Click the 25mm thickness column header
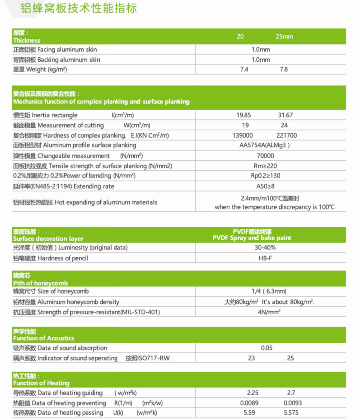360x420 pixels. click(285, 37)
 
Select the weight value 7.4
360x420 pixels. click(244, 70)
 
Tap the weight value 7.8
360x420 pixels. click(284, 70)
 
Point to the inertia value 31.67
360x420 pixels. click(285, 115)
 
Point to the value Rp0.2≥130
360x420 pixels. click(265, 176)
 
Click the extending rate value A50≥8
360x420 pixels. click(265, 186)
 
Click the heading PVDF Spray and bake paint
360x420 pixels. click(252, 238)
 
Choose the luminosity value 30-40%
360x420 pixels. click(265, 247)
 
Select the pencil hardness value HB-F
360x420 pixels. click(265, 258)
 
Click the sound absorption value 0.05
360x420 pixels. click(267, 348)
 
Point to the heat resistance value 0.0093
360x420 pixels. click(293, 403)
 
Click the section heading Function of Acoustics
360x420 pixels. click(44, 338)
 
